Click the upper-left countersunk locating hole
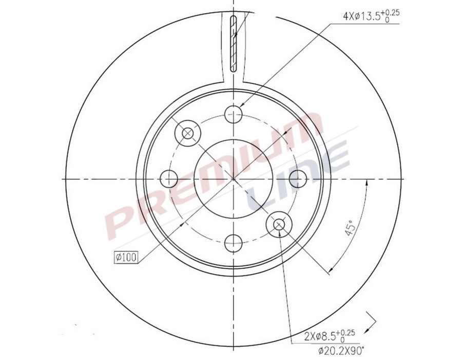(187, 133)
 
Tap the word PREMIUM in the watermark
(216, 177)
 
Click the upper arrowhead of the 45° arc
(367, 183)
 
